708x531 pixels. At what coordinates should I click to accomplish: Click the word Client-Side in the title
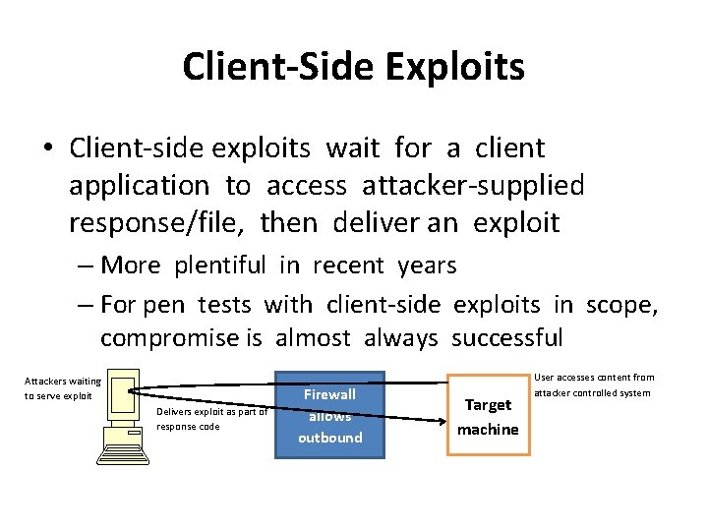(276, 67)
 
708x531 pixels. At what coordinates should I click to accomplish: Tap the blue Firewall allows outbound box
(329, 415)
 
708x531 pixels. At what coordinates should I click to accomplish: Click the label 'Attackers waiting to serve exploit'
(63, 388)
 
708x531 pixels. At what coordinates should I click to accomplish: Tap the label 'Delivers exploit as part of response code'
(211, 419)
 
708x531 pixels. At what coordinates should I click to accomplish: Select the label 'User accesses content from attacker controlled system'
(593, 384)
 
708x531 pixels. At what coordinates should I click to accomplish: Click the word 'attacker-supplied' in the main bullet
(473, 185)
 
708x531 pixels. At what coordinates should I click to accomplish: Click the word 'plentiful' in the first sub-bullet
(220, 265)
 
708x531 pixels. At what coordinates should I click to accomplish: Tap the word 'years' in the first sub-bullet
(427, 265)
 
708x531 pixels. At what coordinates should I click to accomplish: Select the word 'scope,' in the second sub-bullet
(621, 305)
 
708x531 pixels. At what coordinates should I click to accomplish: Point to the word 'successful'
(506, 338)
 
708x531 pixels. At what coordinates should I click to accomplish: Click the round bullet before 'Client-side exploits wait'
(47, 149)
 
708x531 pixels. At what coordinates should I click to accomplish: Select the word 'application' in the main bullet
(139, 185)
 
